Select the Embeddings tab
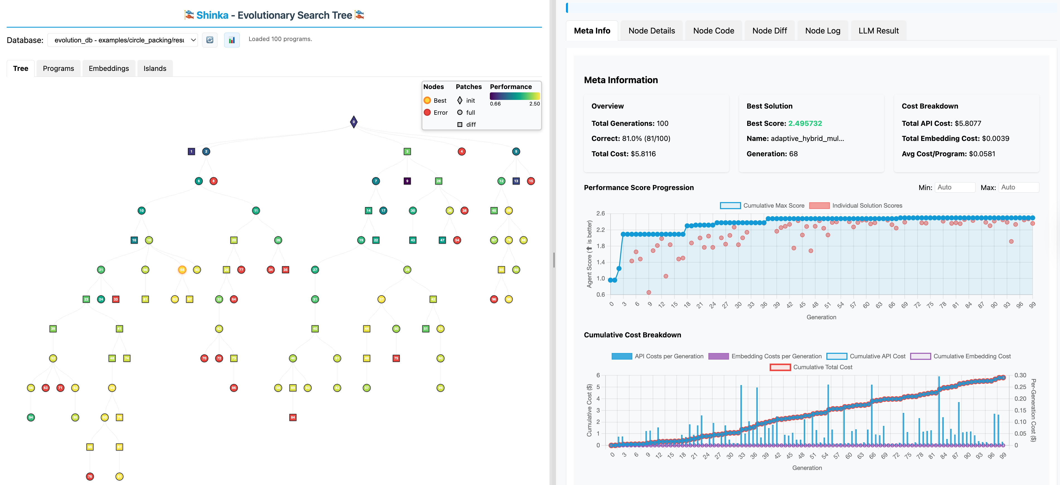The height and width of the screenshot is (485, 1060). [x=109, y=68]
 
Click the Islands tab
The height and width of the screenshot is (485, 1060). [x=155, y=68]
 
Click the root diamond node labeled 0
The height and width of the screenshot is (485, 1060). [x=354, y=122]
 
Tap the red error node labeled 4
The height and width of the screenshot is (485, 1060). [x=461, y=152]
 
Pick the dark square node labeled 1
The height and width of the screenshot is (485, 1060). [x=191, y=152]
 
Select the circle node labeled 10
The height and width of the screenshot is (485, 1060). [x=141, y=211]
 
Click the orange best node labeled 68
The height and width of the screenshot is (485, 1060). [x=182, y=270]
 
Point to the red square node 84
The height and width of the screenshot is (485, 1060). [x=292, y=417]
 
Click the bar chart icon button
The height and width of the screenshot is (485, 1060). [x=232, y=40]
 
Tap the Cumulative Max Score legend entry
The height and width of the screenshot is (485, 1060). [x=762, y=205]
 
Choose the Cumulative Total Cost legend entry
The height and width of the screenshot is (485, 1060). [x=811, y=367]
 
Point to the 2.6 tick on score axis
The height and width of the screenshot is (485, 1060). [x=600, y=213]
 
